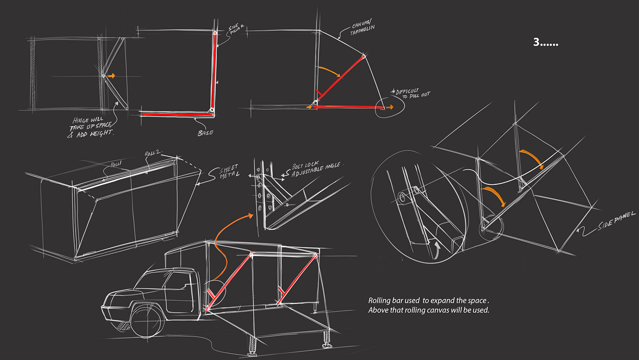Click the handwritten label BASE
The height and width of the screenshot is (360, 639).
pyautogui.click(x=206, y=133)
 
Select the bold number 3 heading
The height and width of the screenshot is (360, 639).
pyautogui.click(x=545, y=42)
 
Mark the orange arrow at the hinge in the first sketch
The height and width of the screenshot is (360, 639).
pyautogui.click(x=111, y=76)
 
